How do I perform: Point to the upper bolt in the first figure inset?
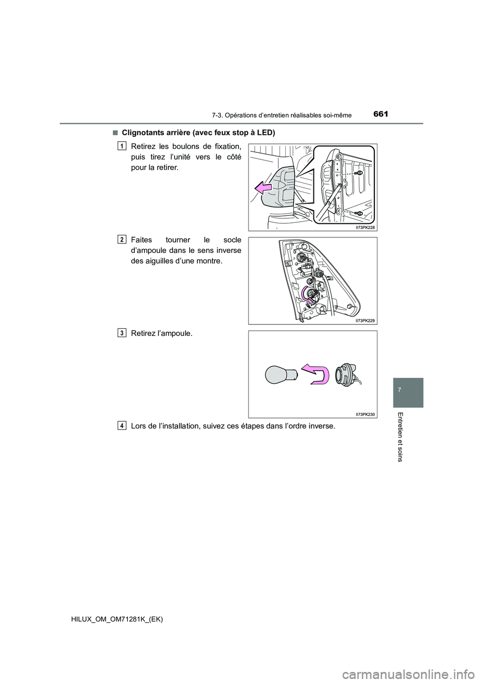[x=359, y=173]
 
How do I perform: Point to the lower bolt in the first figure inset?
[x=359, y=213]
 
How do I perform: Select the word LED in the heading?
[x=266, y=133]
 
